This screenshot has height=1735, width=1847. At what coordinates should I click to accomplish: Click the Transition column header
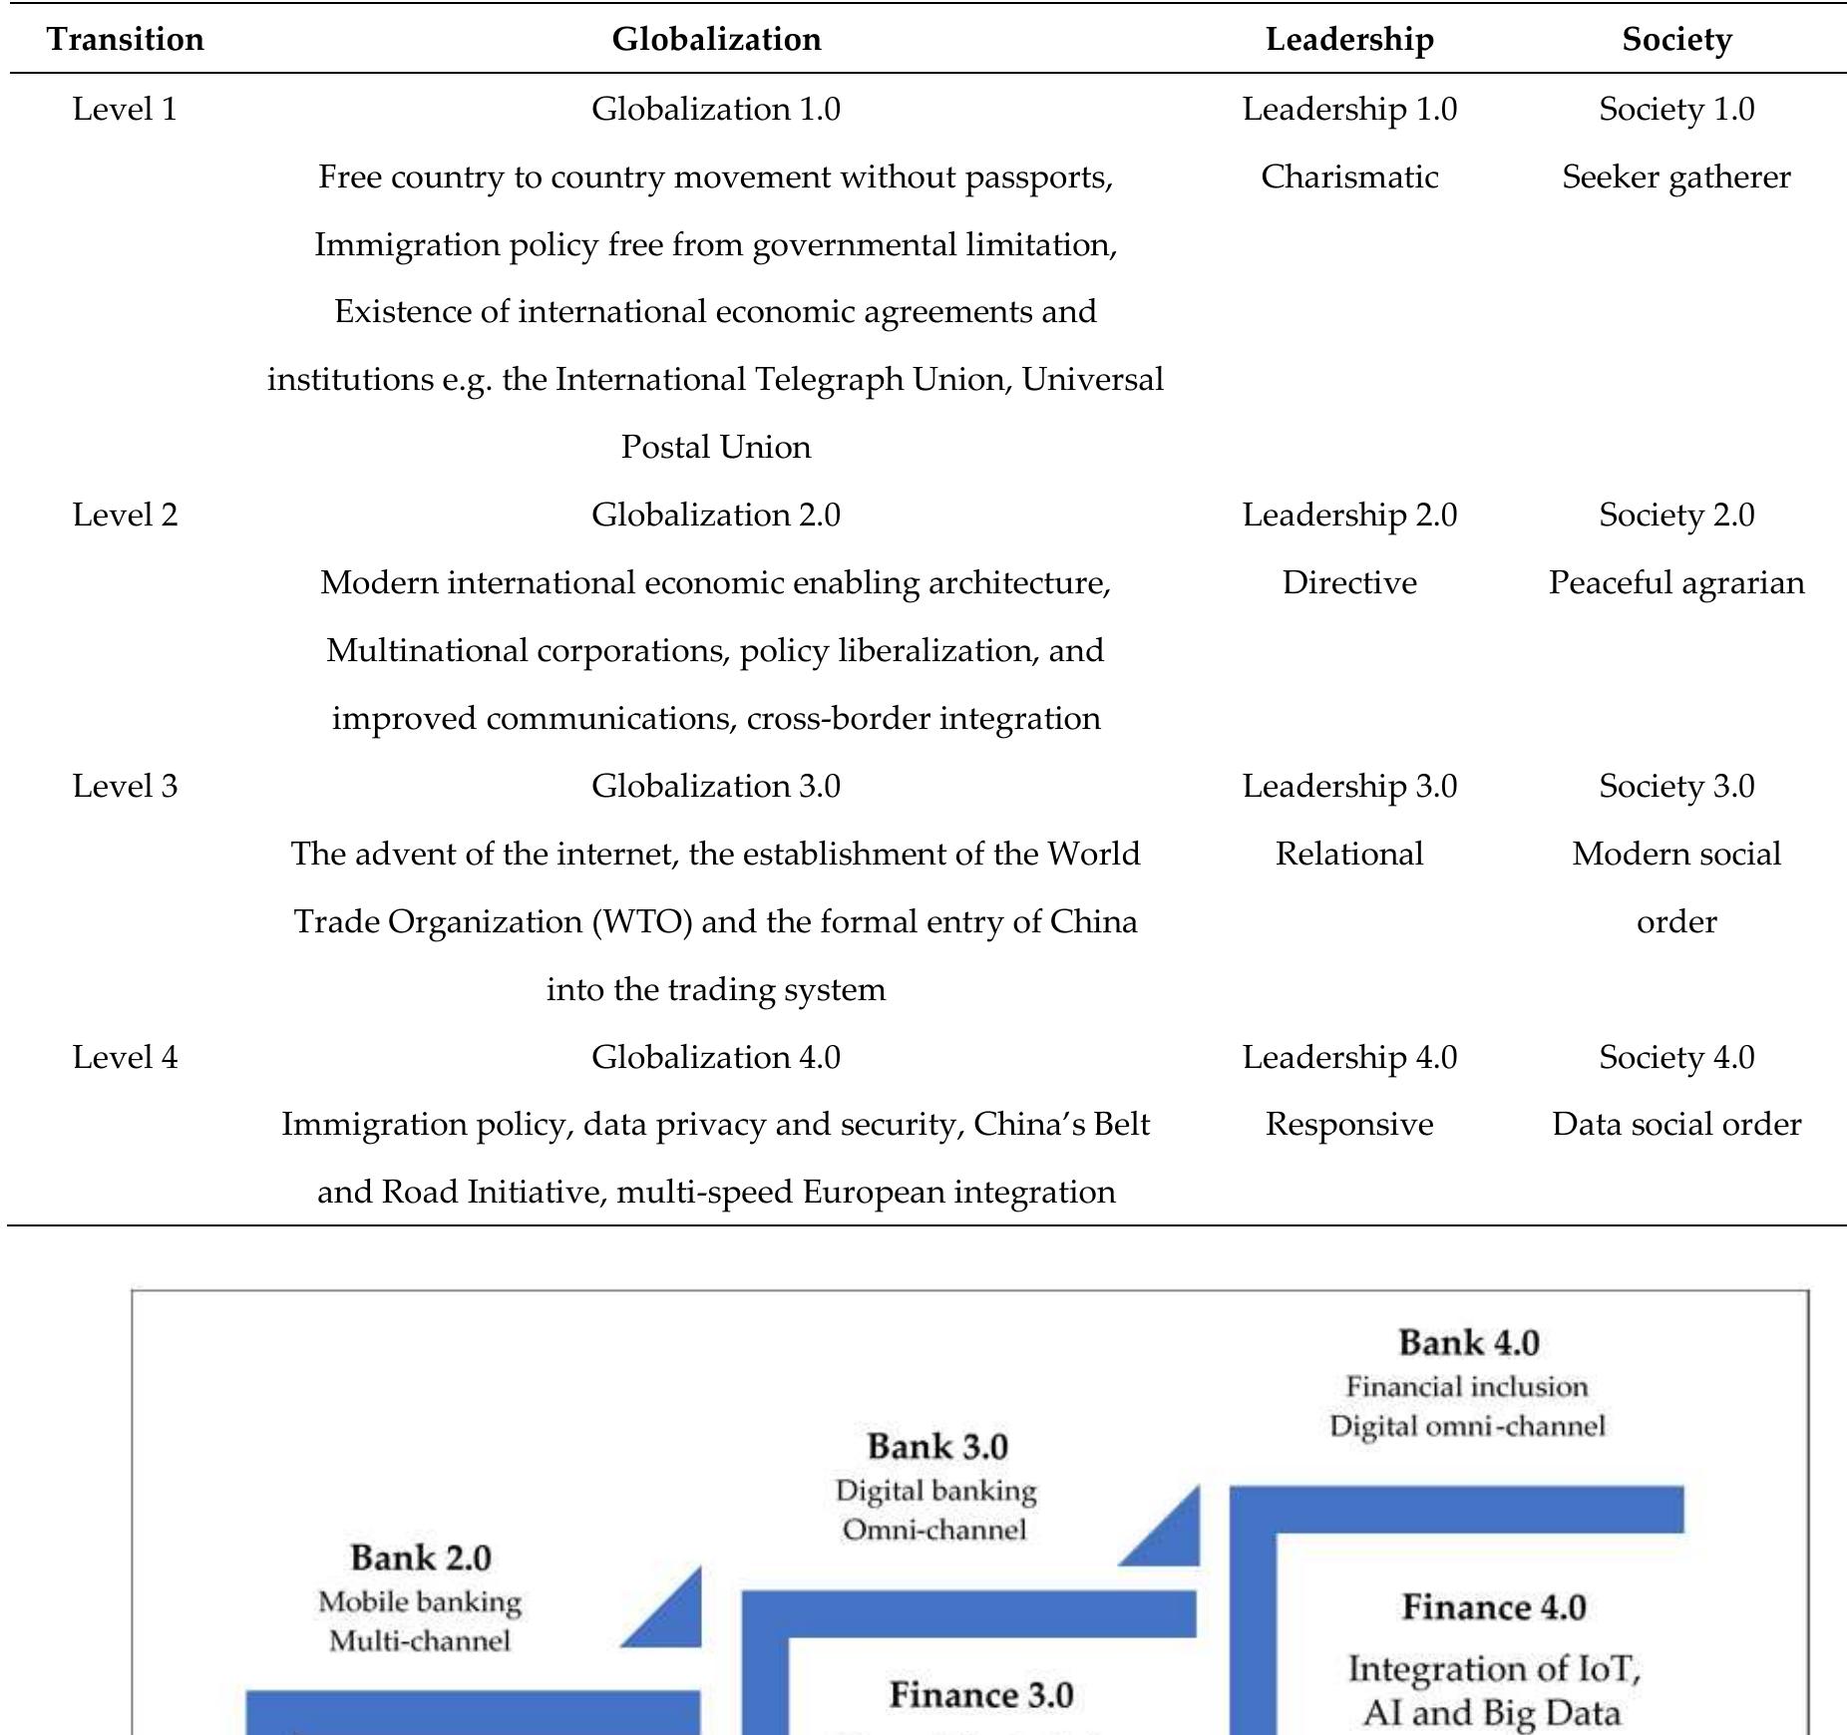click(x=126, y=39)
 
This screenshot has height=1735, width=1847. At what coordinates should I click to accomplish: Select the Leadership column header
click(x=1349, y=39)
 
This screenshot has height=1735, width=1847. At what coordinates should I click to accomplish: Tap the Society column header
click(x=1676, y=39)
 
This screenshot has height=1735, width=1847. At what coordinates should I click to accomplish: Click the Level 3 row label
click(x=126, y=786)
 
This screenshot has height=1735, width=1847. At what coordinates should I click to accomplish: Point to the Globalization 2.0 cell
click(x=715, y=515)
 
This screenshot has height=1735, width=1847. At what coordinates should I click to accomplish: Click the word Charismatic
click(x=1349, y=176)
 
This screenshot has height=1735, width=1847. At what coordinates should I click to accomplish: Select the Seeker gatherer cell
click(x=1676, y=176)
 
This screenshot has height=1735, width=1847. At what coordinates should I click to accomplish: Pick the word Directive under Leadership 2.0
click(x=1349, y=582)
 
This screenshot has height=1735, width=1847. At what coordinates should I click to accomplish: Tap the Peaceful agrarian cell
click(x=1676, y=582)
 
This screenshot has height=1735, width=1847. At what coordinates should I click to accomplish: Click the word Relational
click(x=1349, y=854)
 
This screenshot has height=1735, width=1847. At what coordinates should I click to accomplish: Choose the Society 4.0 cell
click(x=1676, y=1057)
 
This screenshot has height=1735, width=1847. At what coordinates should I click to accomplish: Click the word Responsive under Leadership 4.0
click(x=1349, y=1124)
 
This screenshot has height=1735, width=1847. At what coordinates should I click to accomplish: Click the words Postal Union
click(x=715, y=447)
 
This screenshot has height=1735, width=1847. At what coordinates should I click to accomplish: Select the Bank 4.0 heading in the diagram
click(x=1468, y=1342)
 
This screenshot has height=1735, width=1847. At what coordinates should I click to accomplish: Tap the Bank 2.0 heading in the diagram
click(x=421, y=1558)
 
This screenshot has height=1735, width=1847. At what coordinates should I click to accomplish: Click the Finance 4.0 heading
click(x=1493, y=1607)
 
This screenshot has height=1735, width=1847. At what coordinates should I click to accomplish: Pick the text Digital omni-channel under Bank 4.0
click(x=1467, y=1426)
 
